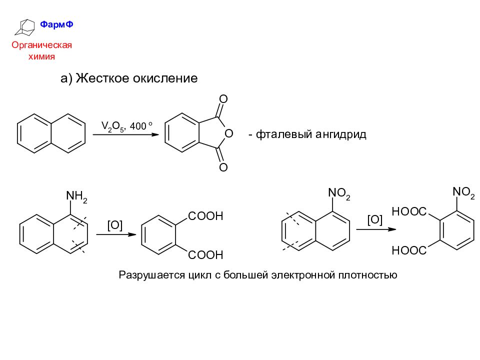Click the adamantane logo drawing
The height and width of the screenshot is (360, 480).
(25, 27)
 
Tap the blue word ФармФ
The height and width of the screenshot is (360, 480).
(56, 24)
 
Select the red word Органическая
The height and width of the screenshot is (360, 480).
(41, 45)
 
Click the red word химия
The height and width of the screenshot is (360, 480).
(41, 56)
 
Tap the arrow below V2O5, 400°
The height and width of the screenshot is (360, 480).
(126, 134)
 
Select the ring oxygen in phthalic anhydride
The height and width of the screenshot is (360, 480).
(228, 133)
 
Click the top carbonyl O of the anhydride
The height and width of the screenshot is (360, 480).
(223, 99)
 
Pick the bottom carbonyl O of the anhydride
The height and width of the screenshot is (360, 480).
(223, 167)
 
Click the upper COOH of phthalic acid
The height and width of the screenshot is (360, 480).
(205, 216)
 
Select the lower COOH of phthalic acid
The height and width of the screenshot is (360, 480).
(205, 254)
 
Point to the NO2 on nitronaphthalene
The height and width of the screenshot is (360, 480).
(339, 193)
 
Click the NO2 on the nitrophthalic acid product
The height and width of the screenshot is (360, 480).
(464, 192)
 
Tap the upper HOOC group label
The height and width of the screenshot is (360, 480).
(409, 211)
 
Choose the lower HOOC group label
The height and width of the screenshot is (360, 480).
(409, 250)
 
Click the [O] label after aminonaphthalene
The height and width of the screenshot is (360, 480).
(115, 225)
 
